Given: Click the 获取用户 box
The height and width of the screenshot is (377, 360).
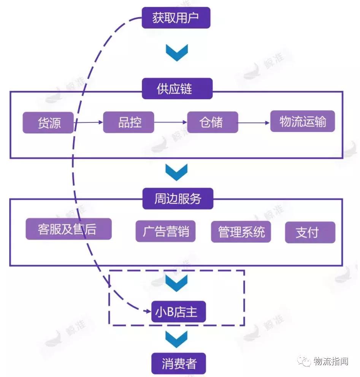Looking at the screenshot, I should pos(176,17).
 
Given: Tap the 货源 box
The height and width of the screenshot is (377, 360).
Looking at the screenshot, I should pos(48,122).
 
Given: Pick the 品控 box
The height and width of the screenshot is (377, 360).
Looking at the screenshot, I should pos(128,122).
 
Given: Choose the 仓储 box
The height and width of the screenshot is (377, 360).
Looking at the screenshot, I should pos(213,122).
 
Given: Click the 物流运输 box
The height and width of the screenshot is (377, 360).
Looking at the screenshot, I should pos(302,121).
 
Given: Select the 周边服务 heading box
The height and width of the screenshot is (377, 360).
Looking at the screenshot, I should pos(178,198).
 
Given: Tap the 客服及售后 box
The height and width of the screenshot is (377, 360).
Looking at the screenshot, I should pos(68,229).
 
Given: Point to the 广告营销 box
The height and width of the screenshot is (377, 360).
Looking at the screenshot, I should pos(165,231).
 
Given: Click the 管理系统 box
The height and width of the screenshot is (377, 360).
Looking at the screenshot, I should pos(241,231).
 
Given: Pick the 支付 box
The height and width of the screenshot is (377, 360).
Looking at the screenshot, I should pos(310,232).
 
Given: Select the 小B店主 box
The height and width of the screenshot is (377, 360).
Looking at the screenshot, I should pos(178,312).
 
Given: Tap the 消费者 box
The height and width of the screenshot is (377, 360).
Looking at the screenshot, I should pos(178,363).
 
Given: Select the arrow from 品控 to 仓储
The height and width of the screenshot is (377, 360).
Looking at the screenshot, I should pos(171,122).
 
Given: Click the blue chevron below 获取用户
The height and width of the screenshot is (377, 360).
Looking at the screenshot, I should pos(176,52).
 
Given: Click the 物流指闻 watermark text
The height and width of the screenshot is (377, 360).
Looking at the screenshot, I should pos(331,361).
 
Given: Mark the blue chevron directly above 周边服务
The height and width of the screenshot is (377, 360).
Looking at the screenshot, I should pos(176,172).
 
